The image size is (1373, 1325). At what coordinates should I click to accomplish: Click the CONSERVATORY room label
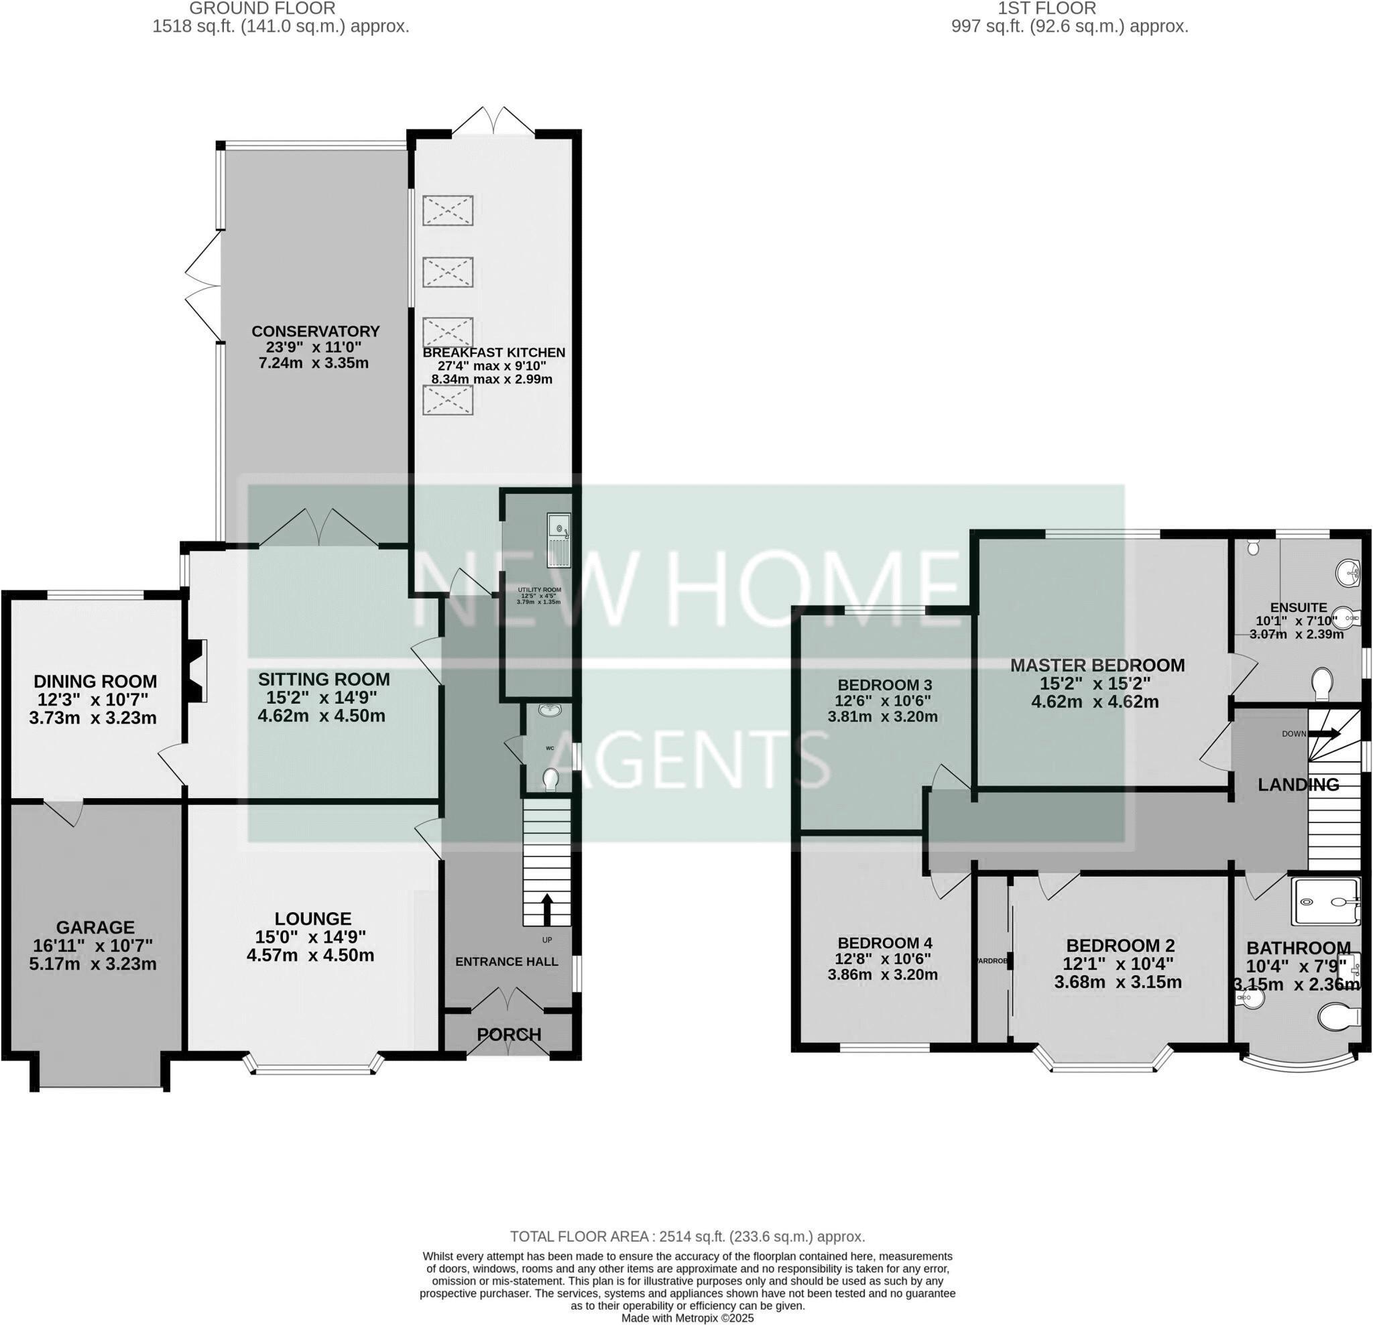(x=315, y=331)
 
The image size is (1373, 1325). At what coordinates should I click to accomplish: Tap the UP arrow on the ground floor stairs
(x=546, y=909)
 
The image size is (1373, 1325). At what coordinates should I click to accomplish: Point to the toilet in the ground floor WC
(x=550, y=778)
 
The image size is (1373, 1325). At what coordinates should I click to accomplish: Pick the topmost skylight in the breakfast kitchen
(x=448, y=210)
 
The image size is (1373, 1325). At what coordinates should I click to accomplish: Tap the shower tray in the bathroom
(x=1323, y=903)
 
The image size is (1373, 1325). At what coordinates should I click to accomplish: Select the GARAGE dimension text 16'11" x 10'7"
(x=93, y=946)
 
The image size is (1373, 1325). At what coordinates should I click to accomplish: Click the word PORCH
(x=510, y=1033)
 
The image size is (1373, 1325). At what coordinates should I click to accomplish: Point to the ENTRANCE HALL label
(x=506, y=962)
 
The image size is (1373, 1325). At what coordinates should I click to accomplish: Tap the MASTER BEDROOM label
(x=1097, y=666)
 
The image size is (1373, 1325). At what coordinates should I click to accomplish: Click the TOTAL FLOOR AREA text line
(x=687, y=1236)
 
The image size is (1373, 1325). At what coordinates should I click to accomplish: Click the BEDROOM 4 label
(x=884, y=942)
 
